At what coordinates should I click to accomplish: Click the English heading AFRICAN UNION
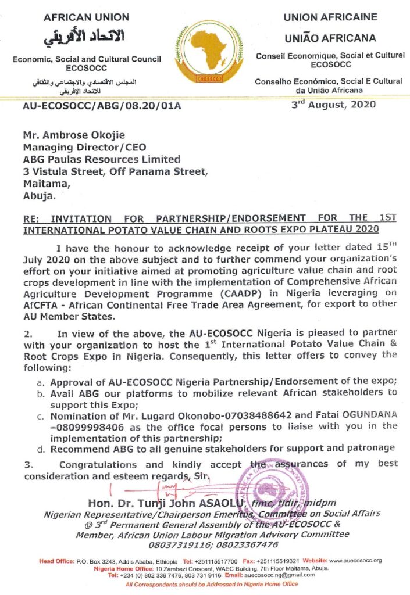coord(87,17)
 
